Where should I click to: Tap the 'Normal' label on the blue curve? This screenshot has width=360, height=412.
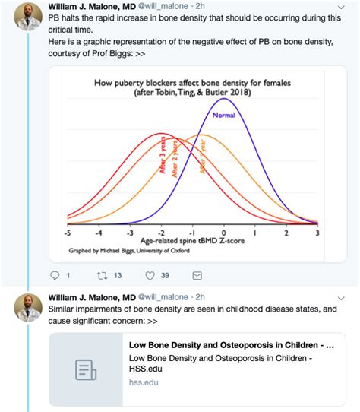coord(224,117)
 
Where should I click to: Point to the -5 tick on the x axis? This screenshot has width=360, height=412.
coord(67,233)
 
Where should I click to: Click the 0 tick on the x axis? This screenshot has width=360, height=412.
coord(223,233)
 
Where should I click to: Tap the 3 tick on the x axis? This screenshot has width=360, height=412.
coord(317,233)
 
